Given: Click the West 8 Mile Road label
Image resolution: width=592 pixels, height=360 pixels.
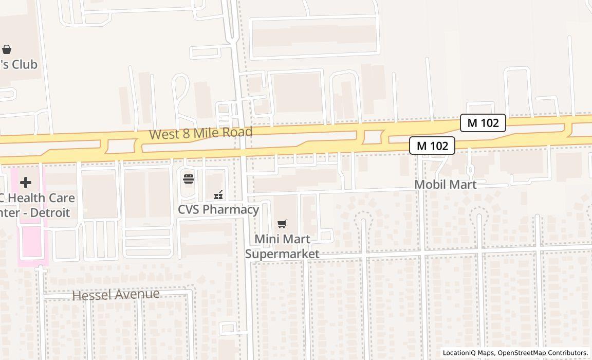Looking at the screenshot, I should tap(201, 133).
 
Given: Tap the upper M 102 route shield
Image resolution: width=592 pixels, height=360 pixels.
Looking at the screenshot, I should tap(483, 123).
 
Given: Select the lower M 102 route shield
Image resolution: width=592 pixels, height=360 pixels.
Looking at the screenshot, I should tap(432, 146).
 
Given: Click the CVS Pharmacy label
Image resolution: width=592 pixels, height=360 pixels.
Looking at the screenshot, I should tap(218, 209).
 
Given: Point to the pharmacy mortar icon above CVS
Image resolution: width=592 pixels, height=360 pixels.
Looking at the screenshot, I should tap(218, 195).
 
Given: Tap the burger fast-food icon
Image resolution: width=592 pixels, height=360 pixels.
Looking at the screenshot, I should tap(189, 179).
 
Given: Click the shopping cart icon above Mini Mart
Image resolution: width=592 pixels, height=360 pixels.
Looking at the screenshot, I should tap(282, 224).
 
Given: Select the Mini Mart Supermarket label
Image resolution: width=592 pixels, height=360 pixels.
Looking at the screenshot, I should tap(282, 246).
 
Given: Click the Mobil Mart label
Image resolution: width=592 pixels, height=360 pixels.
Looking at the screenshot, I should tap(445, 184).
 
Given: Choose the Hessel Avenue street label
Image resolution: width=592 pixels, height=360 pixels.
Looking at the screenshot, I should tap(116, 295).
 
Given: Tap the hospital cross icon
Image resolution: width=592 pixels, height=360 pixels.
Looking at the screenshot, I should tap(25, 183).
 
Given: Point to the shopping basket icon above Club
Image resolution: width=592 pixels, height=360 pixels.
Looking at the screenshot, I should tap(7, 49).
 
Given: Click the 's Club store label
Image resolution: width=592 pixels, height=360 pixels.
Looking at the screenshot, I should tap(18, 64).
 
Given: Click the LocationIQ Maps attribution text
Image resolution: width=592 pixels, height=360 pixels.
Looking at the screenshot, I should tap(468, 353).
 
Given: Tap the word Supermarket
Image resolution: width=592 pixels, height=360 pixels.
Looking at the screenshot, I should tap(282, 254).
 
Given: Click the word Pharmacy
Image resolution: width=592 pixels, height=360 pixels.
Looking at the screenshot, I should tap(234, 209).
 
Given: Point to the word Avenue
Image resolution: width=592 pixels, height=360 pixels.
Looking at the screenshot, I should tap(138, 294).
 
